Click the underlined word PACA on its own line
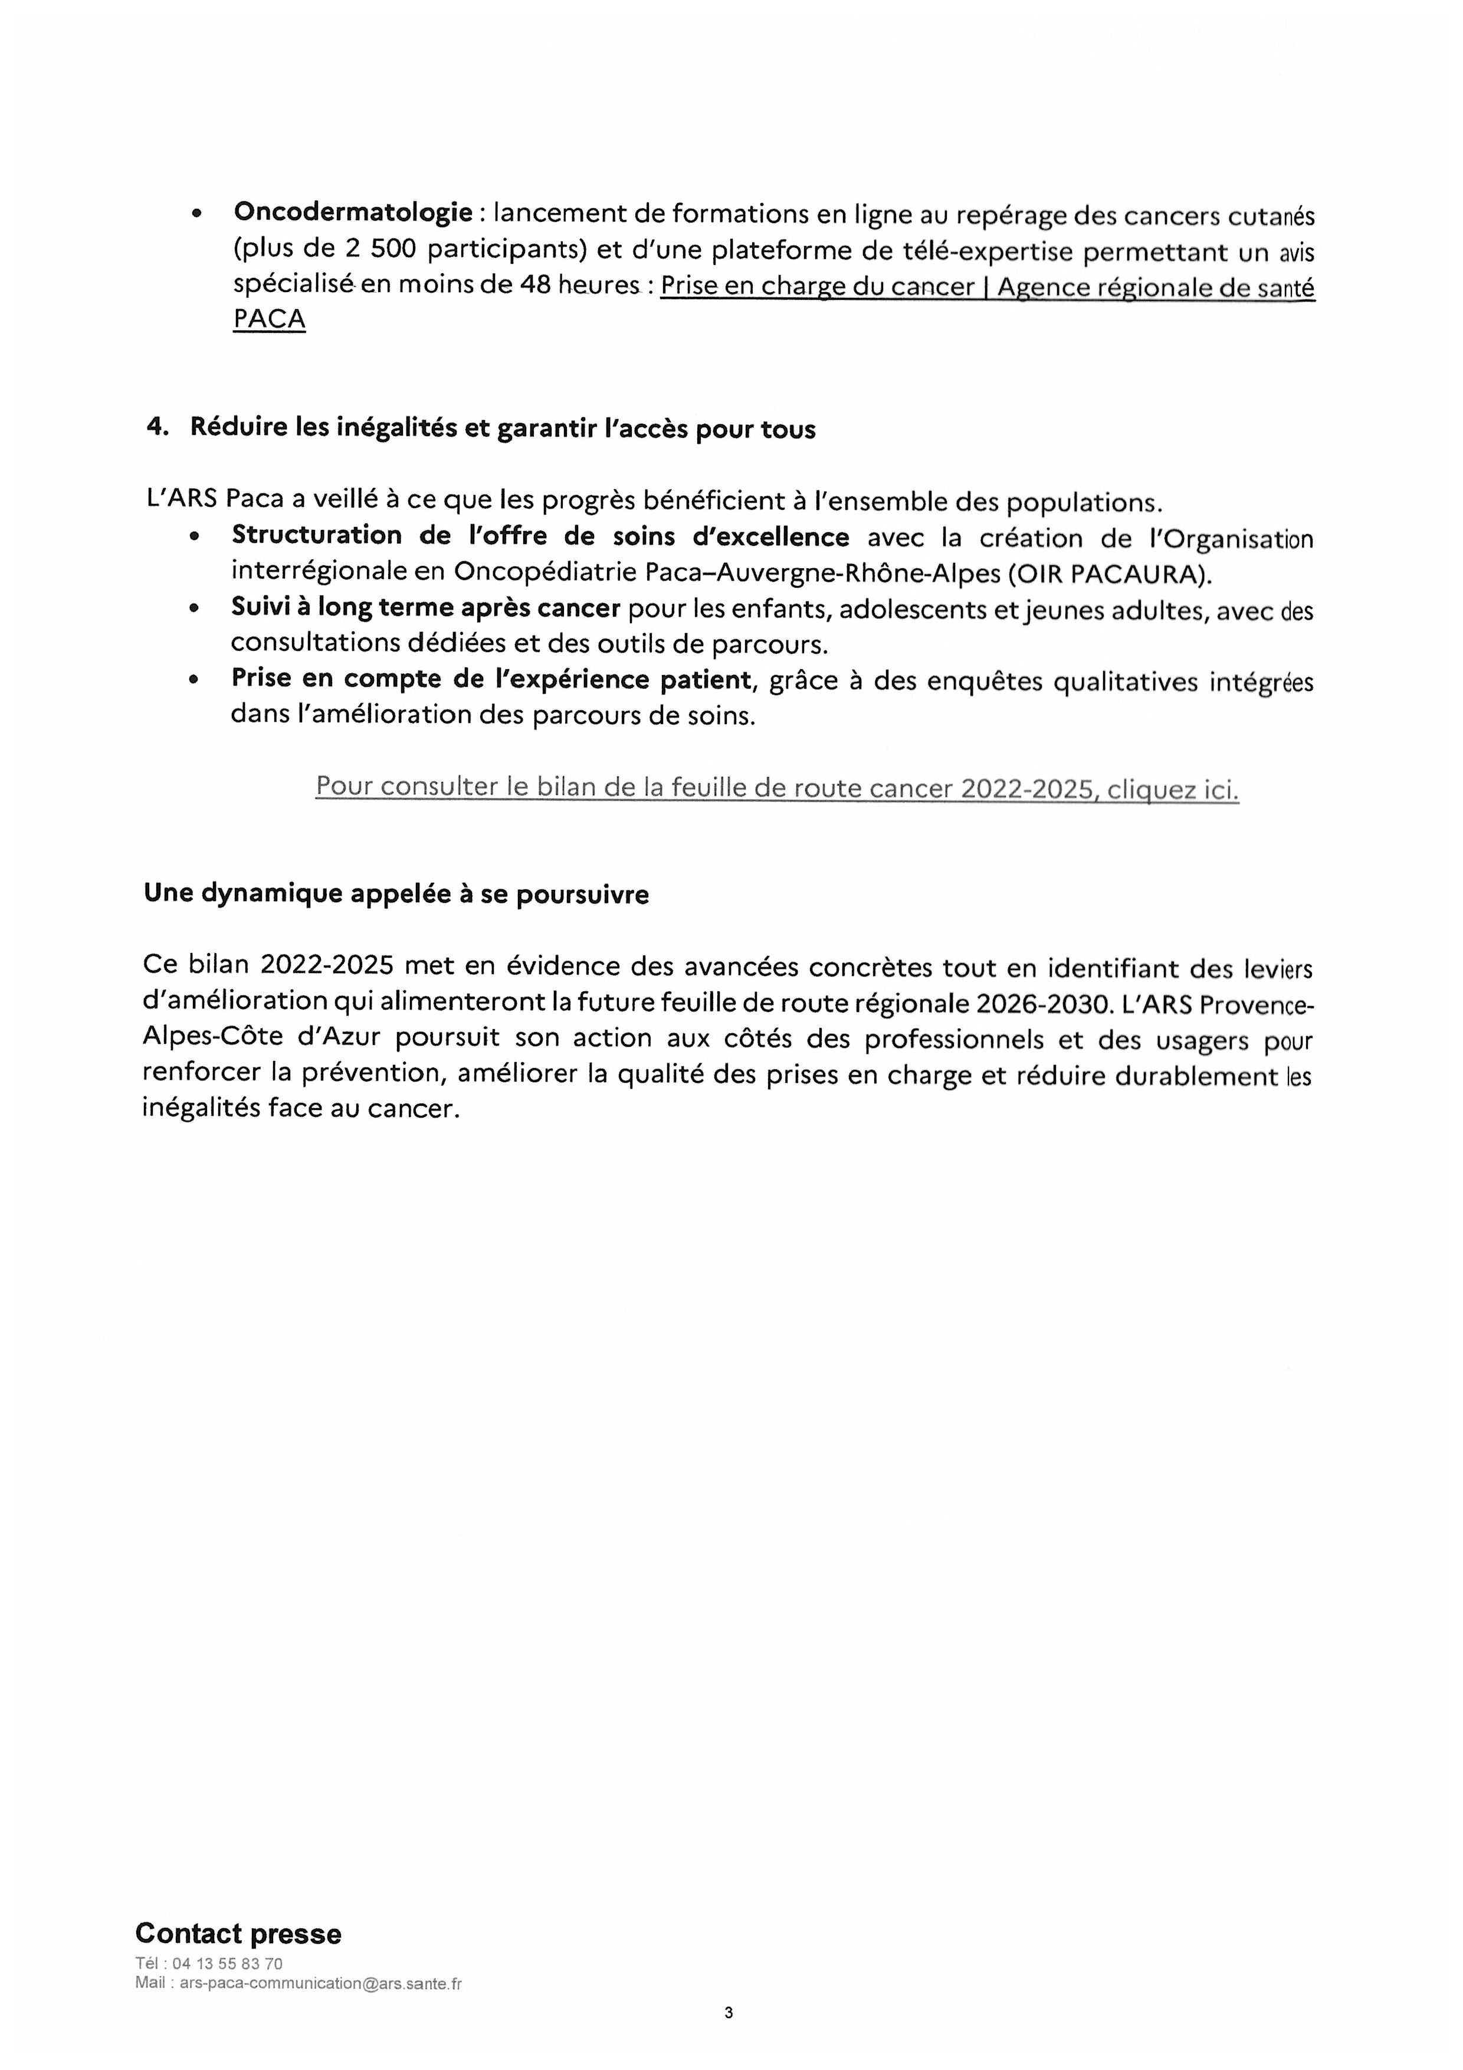tap(268, 319)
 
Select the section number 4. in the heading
tap(158, 428)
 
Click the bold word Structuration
tap(316, 536)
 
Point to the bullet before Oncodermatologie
tap(196, 215)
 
